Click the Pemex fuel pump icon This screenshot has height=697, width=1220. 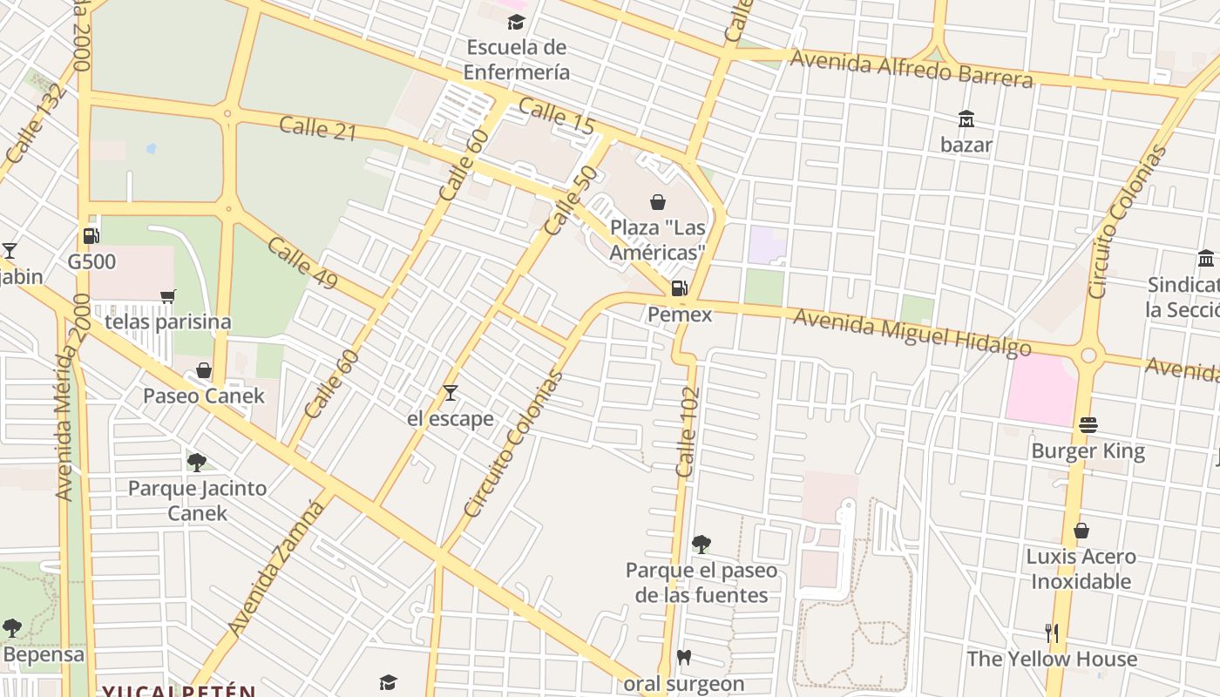click(x=679, y=288)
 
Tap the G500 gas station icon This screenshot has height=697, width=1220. click(x=90, y=236)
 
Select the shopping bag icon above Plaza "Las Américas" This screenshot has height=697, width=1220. click(x=658, y=202)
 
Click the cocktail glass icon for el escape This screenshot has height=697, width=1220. click(x=450, y=393)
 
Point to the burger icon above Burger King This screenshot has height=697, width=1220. click(x=1088, y=425)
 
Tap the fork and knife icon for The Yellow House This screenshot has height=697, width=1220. click(x=1052, y=633)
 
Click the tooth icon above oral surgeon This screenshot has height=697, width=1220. click(x=684, y=658)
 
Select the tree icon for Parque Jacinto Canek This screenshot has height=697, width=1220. click(x=197, y=462)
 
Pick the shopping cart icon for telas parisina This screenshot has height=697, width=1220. click(x=168, y=296)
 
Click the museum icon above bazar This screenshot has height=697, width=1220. click(x=966, y=118)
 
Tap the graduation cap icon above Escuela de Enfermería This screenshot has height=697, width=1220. click(x=516, y=22)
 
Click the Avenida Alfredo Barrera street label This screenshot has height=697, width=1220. click(x=912, y=69)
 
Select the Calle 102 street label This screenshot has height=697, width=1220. click(x=688, y=432)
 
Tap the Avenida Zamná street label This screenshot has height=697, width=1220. click(x=275, y=567)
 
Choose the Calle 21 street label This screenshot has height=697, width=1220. click(x=318, y=128)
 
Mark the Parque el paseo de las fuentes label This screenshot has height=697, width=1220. click(x=701, y=583)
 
